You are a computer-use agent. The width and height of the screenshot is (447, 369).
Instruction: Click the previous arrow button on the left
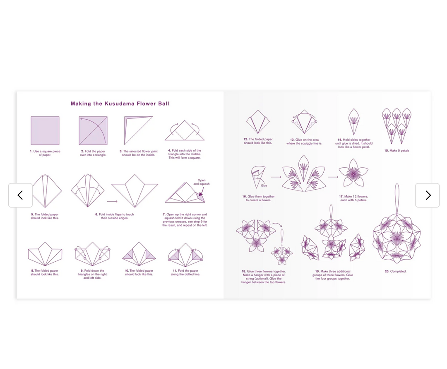tap(20, 195)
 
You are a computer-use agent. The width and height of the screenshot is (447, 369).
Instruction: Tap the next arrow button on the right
tap(428, 195)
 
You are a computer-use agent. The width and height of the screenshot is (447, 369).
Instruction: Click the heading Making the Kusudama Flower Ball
tap(120, 104)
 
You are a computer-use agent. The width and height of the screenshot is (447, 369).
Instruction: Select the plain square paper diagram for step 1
tap(45, 130)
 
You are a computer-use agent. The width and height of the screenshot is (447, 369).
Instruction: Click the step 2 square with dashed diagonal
tap(93, 130)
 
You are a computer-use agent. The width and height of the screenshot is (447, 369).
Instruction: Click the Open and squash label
tap(202, 182)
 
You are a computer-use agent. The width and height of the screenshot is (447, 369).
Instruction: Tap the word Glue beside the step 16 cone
tap(264, 186)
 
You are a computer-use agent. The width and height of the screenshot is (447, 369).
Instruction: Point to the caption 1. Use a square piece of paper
tap(45, 153)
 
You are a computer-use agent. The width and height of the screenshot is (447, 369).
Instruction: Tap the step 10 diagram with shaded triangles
tap(139, 253)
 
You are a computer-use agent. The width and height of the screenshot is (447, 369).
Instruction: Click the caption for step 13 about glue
tap(304, 142)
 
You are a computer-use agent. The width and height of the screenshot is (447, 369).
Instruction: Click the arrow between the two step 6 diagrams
tap(115, 202)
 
